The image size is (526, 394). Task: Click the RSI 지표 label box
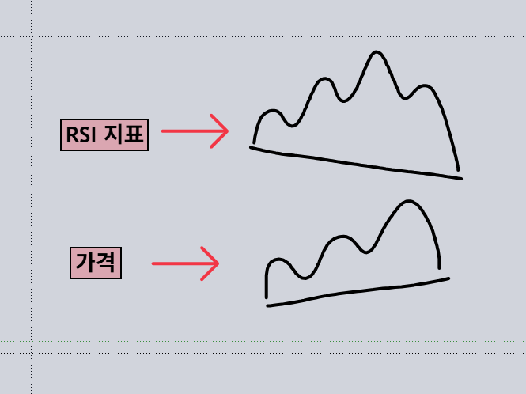104,134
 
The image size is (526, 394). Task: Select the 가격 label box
96,263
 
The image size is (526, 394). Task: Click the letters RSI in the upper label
81,135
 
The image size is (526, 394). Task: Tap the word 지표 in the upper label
123,134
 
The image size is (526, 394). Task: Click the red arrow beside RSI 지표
195,131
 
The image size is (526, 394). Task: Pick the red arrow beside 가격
186,263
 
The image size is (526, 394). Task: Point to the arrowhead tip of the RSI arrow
229,131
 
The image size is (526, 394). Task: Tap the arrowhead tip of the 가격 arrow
219,263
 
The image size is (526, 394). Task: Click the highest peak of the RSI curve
376,52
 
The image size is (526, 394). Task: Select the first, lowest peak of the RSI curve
273,111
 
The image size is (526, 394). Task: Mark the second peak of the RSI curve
324,79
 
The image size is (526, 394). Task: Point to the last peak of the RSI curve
425,86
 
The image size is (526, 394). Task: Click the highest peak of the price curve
409,201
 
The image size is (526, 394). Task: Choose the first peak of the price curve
278,260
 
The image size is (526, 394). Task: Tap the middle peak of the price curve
342,237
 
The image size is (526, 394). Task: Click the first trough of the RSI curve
292,126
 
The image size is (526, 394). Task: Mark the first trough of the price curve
305,278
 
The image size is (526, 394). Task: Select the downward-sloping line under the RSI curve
356,164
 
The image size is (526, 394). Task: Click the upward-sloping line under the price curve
358,290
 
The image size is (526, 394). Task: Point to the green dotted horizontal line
263,341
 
